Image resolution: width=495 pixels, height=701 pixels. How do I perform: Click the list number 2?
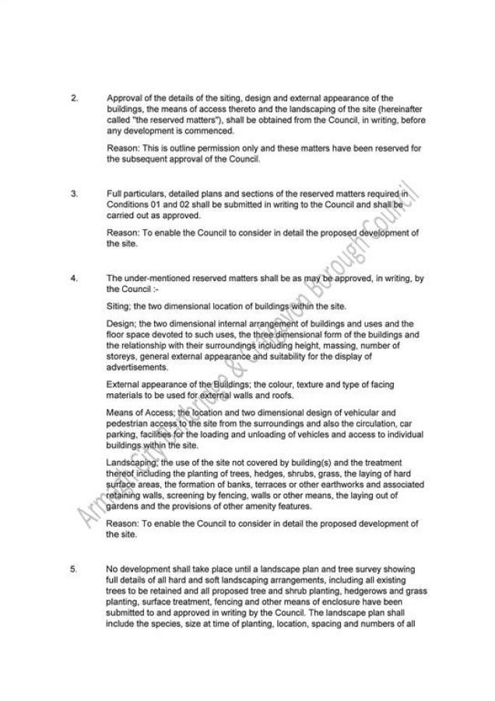tap(73, 98)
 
